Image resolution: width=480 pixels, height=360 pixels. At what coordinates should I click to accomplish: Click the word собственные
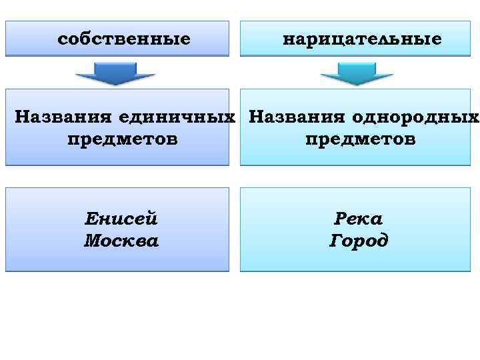click(124, 39)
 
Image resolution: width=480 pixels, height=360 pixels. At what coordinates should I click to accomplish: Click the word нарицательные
click(362, 39)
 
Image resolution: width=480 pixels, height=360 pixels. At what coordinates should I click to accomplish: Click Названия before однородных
click(295, 117)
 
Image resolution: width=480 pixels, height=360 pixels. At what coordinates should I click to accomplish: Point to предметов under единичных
click(123, 139)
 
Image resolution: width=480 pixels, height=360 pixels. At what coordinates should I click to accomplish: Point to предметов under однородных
click(361, 139)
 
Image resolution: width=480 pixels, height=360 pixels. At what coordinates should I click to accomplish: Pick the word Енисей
click(121, 219)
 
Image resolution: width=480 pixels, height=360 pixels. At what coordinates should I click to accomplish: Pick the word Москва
click(121, 240)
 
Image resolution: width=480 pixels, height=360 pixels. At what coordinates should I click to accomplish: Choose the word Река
click(359, 219)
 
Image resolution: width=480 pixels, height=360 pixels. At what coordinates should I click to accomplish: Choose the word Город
click(359, 240)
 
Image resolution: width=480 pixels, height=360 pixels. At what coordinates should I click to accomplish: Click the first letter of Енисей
click(91, 219)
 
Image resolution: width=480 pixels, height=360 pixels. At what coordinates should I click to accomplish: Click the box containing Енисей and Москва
click(117, 260)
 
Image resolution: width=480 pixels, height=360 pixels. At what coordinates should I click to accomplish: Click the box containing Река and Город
click(355, 260)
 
